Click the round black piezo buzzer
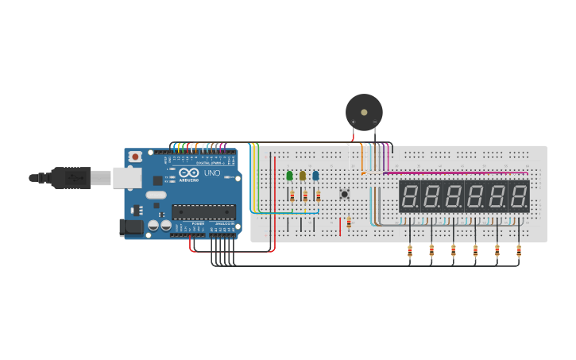click(x=364, y=112)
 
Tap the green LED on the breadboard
click(x=289, y=176)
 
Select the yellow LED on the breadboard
click(x=303, y=176)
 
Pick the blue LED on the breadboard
click(x=315, y=176)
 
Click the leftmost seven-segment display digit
click(x=410, y=195)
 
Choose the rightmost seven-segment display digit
click(x=519, y=195)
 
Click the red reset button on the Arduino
click(x=135, y=157)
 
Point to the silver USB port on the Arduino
click(x=126, y=177)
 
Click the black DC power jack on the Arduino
click(x=130, y=227)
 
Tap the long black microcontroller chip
click(x=203, y=212)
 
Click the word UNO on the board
click(x=212, y=173)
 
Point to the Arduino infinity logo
click(x=189, y=172)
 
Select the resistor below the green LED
click(x=292, y=195)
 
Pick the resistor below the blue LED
click(x=318, y=195)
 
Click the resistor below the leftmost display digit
click(x=410, y=252)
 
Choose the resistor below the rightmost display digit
click(x=519, y=252)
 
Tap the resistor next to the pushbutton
click(x=349, y=223)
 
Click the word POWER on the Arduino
click(x=198, y=224)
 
